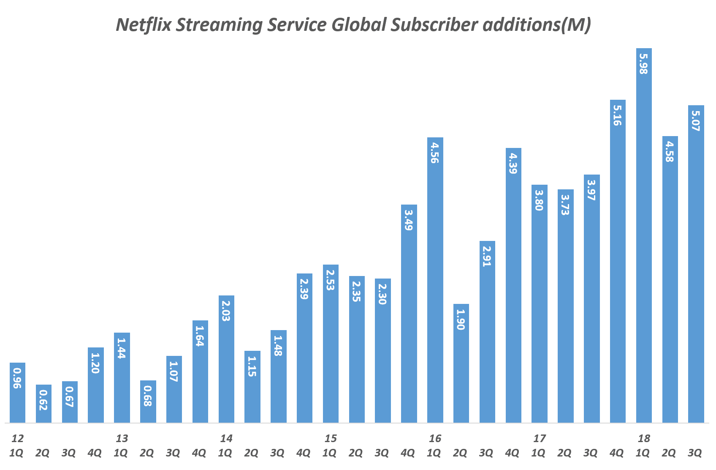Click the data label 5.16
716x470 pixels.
(x=617, y=115)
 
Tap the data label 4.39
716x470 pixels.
(x=513, y=164)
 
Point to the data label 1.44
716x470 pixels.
(x=122, y=348)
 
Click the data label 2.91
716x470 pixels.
(x=487, y=256)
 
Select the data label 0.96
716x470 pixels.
(x=17, y=378)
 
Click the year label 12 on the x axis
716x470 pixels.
(x=18, y=438)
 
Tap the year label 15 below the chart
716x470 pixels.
(x=331, y=438)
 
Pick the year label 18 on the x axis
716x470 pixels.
(x=644, y=438)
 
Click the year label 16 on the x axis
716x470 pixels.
(x=435, y=438)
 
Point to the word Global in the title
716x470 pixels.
(x=358, y=25)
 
